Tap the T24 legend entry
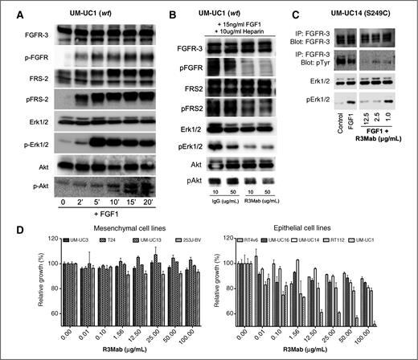107,239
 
